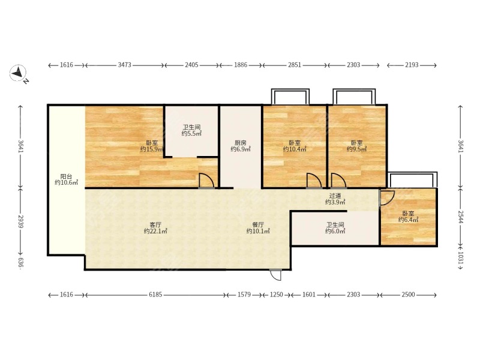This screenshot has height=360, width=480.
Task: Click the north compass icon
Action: click(x=19, y=73)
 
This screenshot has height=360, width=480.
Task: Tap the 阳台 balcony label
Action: click(x=66, y=176)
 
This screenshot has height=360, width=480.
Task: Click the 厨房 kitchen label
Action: click(x=241, y=142)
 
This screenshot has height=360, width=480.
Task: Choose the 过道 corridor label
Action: click(x=335, y=196)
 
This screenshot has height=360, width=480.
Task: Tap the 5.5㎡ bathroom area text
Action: click(x=191, y=134)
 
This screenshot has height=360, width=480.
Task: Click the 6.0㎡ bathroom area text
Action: click(x=335, y=231)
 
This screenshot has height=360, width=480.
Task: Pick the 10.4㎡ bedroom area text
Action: click(x=295, y=149)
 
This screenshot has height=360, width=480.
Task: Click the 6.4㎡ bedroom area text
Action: click(x=408, y=220)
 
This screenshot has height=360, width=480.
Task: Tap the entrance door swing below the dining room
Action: click(x=275, y=275)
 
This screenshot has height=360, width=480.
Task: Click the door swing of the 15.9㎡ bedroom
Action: click(x=206, y=180)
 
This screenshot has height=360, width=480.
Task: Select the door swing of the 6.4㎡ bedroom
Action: click(x=386, y=197)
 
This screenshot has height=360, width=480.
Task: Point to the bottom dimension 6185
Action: click(x=156, y=295)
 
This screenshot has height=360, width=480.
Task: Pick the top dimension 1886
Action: click(x=241, y=65)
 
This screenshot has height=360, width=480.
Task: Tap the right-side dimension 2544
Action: click(x=460, y=216)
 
